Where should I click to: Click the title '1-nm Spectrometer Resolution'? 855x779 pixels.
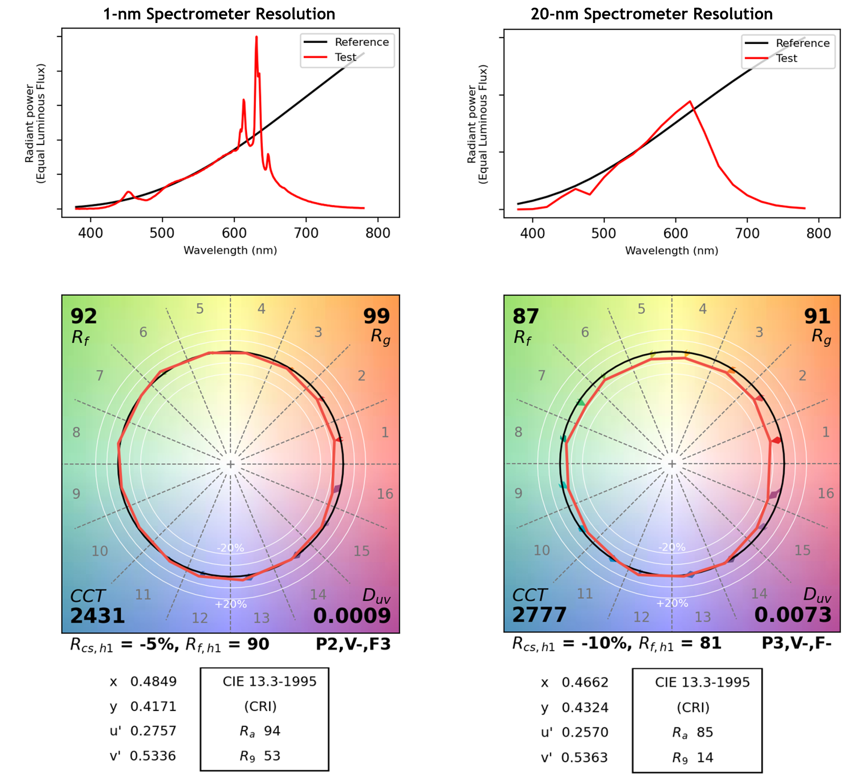(219, 14)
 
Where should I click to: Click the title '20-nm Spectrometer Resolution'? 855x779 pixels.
(651, 14)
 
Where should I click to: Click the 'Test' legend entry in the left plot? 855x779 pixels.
(346, 57)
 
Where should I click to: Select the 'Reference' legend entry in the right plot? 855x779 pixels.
(802, 43)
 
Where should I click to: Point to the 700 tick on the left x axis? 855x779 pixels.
(306, 233)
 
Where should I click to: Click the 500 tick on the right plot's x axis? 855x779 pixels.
(604, 233)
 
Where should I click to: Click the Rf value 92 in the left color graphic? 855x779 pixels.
(84, 316)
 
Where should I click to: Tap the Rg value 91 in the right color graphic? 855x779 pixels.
(817, 316)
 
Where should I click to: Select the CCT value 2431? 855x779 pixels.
(97, 616)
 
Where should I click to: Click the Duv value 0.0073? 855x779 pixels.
(793, 615)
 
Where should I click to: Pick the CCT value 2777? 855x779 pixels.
(540, 615)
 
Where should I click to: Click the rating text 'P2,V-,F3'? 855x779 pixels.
(353, 644)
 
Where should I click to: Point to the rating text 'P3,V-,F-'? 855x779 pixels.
(796, 643)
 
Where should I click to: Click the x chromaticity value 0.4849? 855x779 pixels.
(154, 681)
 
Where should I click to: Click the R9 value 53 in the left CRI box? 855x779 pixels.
(272, 756)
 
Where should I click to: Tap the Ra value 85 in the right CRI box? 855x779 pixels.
(705, 733)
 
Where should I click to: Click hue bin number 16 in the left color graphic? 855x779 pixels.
(385, 494)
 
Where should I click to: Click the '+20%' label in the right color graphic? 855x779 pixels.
(672, 603)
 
